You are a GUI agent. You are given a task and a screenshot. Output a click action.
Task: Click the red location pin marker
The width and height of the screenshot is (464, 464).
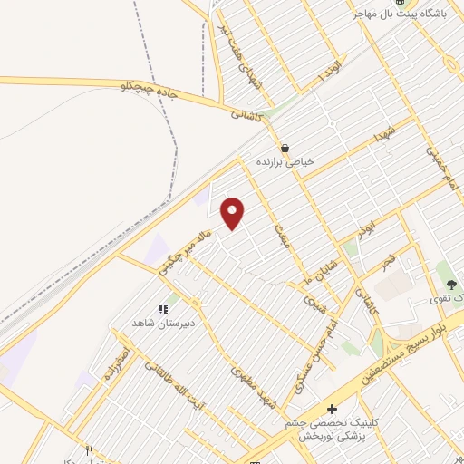tap(233, 213)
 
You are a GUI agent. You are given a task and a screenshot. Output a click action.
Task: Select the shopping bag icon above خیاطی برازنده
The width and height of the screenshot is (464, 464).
tap(285, 148)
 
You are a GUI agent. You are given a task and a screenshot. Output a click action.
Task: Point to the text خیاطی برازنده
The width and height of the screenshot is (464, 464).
tap(285, 161)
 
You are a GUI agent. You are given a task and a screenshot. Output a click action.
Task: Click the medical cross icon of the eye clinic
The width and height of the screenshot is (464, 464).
tap(333, 410)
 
